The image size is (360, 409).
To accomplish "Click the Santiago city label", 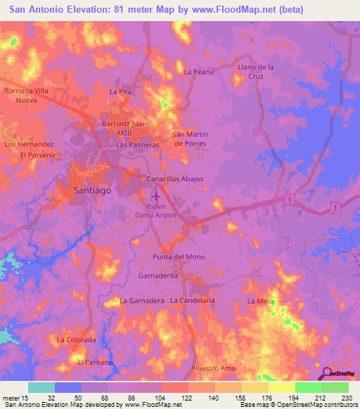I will point(92,190).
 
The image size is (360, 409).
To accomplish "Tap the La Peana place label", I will point(198,72).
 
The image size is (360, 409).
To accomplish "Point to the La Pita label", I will point(121,92).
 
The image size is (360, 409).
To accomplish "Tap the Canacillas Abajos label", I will point(174,178).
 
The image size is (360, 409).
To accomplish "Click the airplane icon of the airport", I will point(161,199).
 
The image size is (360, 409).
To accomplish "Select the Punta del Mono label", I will point(179,257).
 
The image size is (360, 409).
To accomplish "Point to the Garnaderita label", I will point(158,276).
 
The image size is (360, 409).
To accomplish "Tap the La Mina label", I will point(259,301).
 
